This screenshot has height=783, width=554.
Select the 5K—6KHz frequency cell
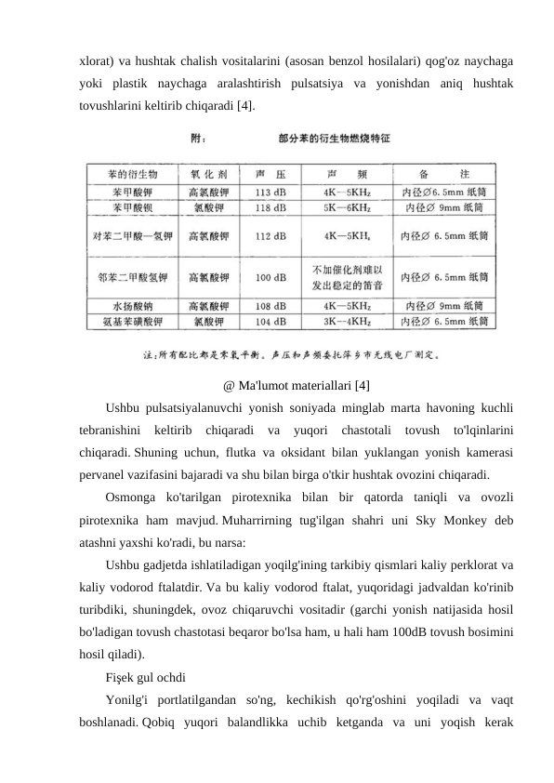[x=348, y=207]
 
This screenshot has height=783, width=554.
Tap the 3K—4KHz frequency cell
[x=348, y=321]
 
